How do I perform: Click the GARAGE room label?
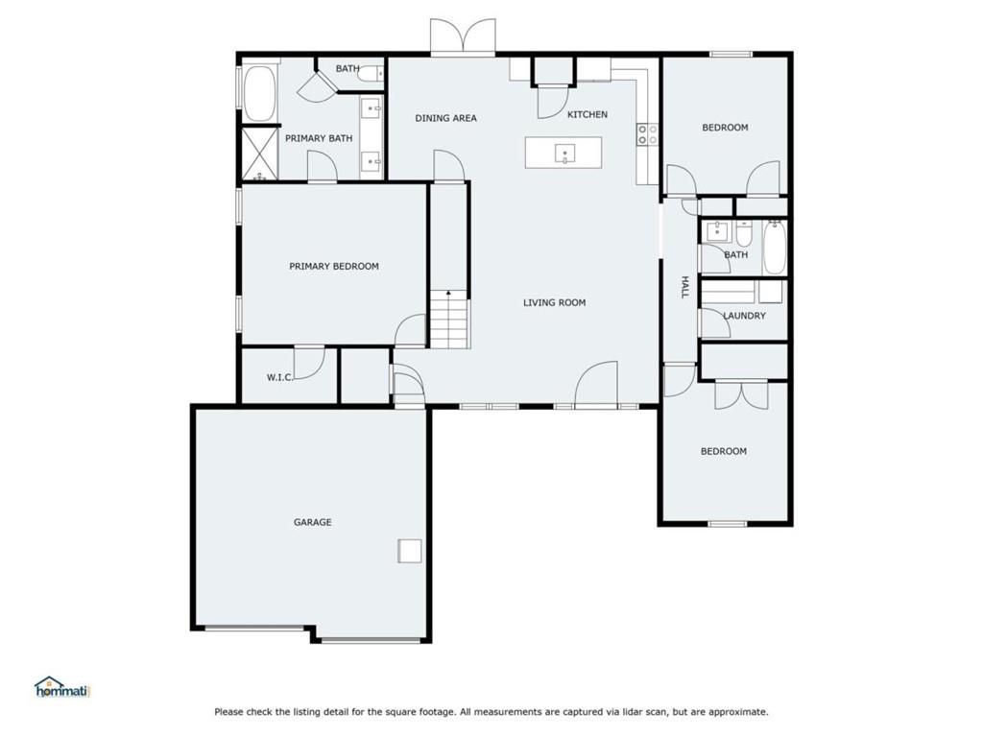coord(313,522)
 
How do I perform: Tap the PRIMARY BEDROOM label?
coord(333,267)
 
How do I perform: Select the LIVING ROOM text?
coord(554,302)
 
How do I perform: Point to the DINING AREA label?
coord(445,118)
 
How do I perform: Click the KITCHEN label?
coord(587,115)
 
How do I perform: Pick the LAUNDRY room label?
coord(745,316)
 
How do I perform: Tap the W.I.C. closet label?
coord(279,377)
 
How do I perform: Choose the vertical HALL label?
coord(684,287)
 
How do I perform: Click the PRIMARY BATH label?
coord(319,138)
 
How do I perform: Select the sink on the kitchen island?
coord(564,153)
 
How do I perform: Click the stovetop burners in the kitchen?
coord(648,134)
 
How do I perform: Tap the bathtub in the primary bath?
coord(259,93)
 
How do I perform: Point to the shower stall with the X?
coord(260,154)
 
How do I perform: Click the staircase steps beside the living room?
coord(449,320)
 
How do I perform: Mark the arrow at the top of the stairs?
coord(449,295)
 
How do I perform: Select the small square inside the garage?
coord(409,551)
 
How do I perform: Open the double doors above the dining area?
coord(463,36)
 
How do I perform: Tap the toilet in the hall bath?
coord(744,234)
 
